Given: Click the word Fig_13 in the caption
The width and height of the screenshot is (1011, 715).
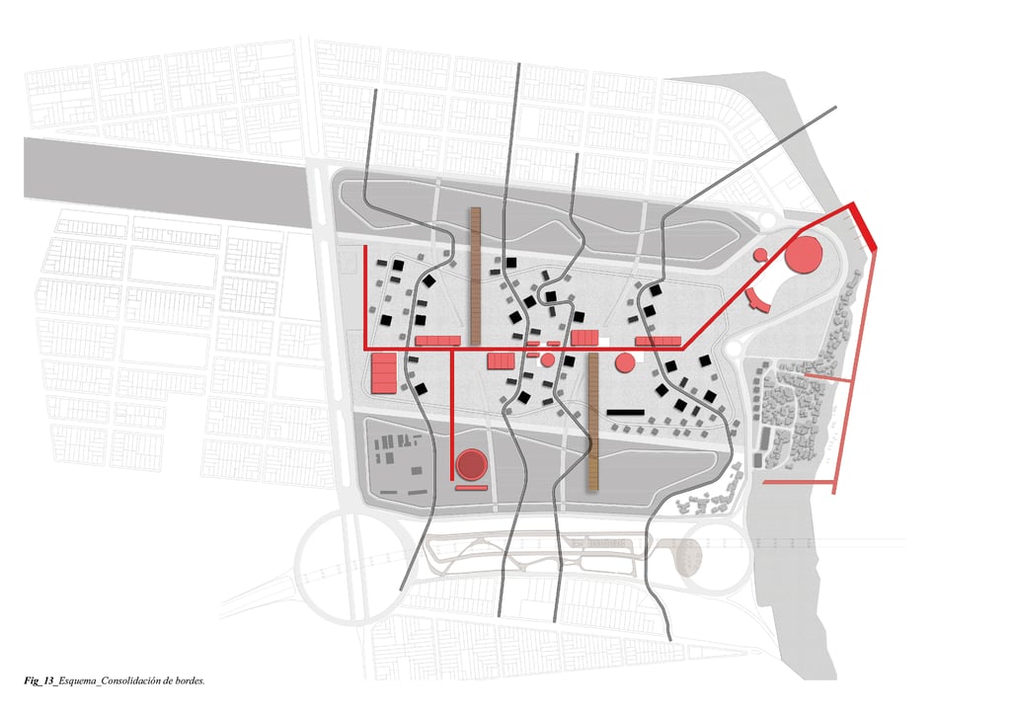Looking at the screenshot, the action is point(39,681).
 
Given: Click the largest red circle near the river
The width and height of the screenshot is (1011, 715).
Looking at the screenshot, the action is point(804,255).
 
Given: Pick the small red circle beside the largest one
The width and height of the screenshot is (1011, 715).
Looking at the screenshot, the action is point(760,255).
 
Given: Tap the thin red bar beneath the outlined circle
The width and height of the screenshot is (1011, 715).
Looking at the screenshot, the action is point(472,487).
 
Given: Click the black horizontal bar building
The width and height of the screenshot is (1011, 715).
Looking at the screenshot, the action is point(625,411).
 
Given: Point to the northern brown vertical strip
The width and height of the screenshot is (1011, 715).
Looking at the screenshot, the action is point(474,272).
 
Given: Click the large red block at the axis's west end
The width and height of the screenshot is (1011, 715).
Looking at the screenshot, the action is point(383,372).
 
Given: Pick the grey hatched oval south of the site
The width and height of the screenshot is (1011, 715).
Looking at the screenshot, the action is point(689,559).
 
